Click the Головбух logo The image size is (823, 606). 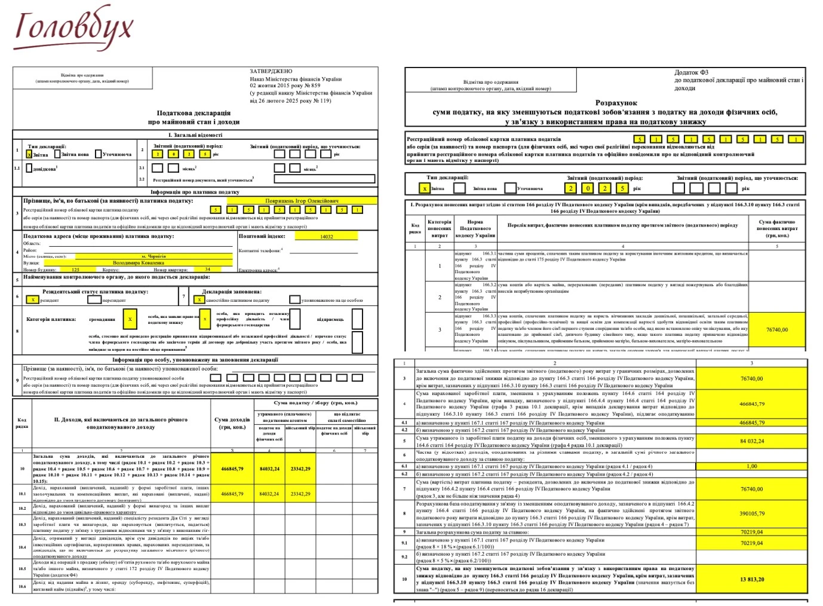click(73, 29)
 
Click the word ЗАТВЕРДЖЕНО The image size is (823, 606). click(271, 71)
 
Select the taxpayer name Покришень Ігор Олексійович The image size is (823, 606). click(302, 201)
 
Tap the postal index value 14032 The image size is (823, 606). click(326, 237)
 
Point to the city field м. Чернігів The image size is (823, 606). click(153, 256)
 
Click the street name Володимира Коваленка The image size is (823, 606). click(138, 262)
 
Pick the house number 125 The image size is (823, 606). click(75, 270)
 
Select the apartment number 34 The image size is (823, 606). click(208, 270)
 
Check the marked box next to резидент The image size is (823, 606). click(32, 300)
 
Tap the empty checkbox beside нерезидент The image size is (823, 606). click(95, 300)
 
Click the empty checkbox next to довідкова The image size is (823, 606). click(29, 168)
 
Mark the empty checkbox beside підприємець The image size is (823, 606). click(357, 319)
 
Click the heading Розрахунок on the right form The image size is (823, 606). click(616, 103)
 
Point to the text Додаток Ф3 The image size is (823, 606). click(692, 72)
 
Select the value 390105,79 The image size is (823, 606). click(751, 513)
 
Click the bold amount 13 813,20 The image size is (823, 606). click(751, 579)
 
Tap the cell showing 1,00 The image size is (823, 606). click(751, 466)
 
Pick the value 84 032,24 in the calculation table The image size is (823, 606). click(751, 441)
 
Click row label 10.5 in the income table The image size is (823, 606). click(22, 568)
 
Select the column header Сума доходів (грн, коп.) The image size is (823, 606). click(232, 423)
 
